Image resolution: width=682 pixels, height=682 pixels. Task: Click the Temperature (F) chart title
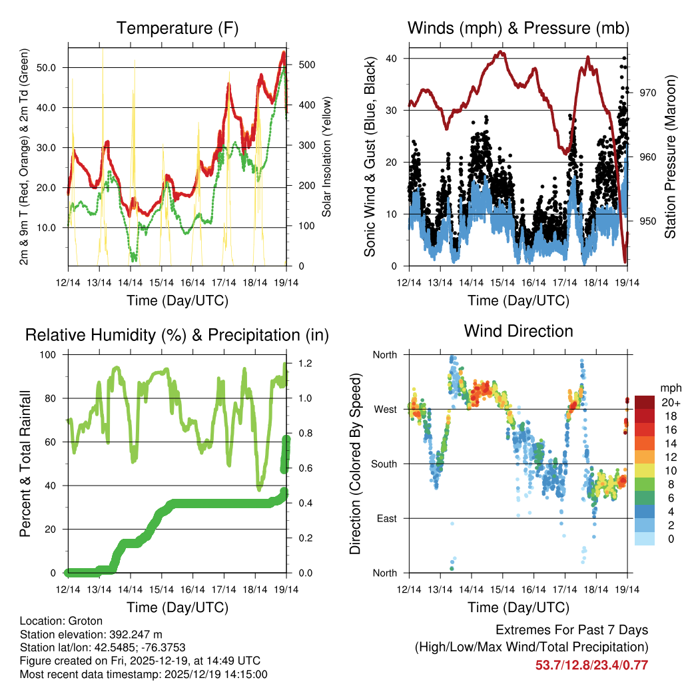(177, 29)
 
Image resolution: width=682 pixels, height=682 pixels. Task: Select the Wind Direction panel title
(518, 331)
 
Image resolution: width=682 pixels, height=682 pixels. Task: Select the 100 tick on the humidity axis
(47, 354)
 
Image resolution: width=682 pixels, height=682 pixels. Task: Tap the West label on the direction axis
(384, 409)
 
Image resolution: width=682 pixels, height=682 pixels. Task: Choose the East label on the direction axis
(386, 518)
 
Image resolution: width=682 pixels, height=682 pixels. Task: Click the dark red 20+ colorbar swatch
(646, 402)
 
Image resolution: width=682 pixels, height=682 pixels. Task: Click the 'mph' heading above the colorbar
(669, 388)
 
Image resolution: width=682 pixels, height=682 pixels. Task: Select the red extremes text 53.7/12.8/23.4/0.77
(591, 665)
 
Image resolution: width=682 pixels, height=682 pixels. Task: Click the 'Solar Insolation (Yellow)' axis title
(327, 157)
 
